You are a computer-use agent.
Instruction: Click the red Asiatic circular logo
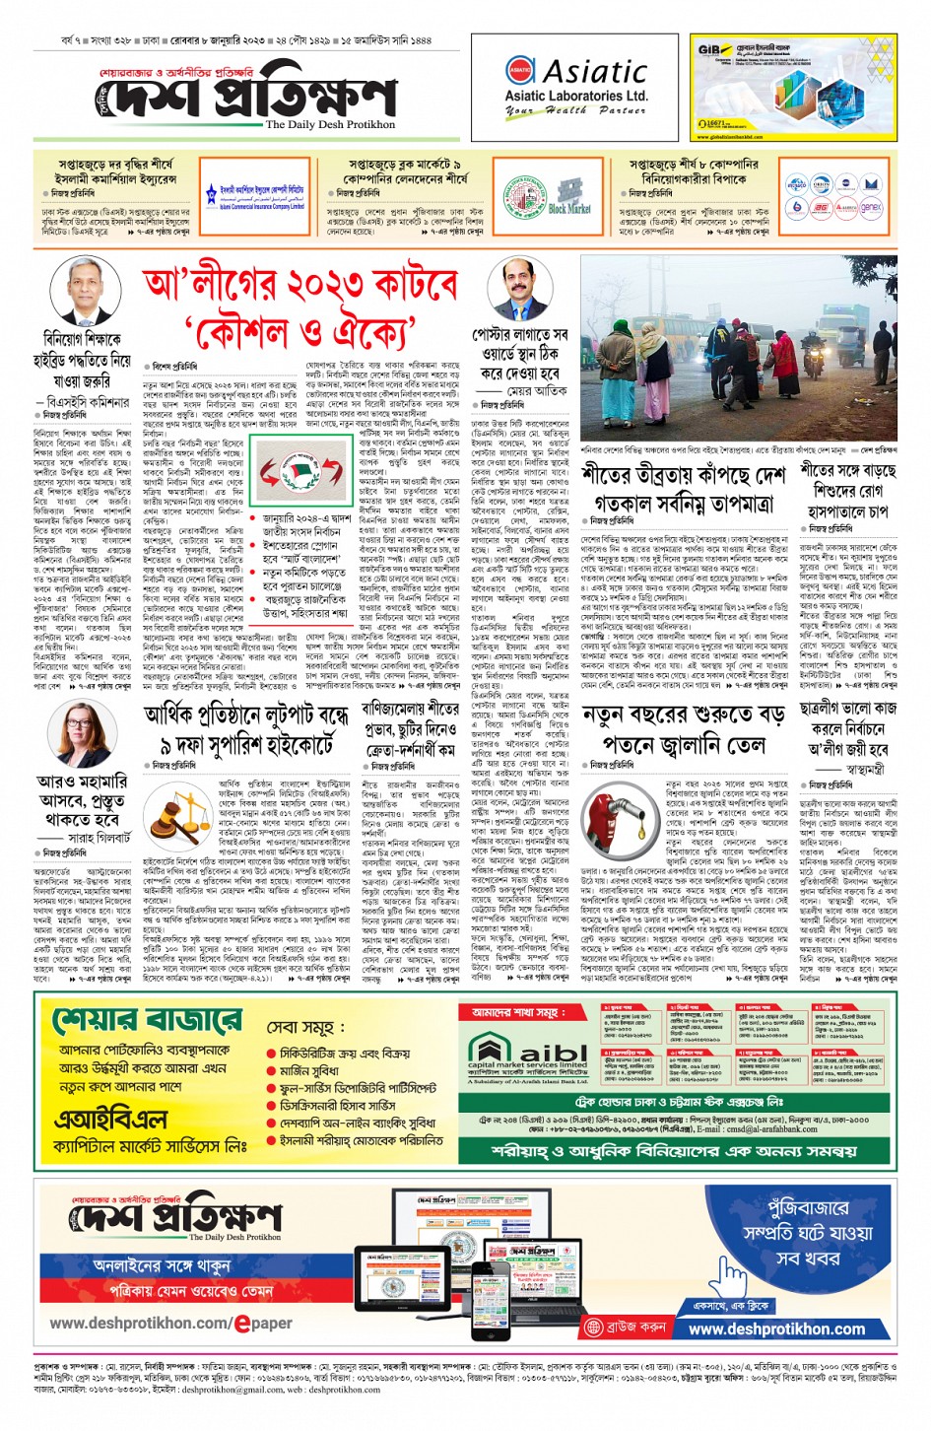(520, 70)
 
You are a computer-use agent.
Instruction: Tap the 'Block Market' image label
(568, 209)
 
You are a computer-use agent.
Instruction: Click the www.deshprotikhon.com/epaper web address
(170, 1323)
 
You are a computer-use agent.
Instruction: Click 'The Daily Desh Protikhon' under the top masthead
(330, 125)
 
